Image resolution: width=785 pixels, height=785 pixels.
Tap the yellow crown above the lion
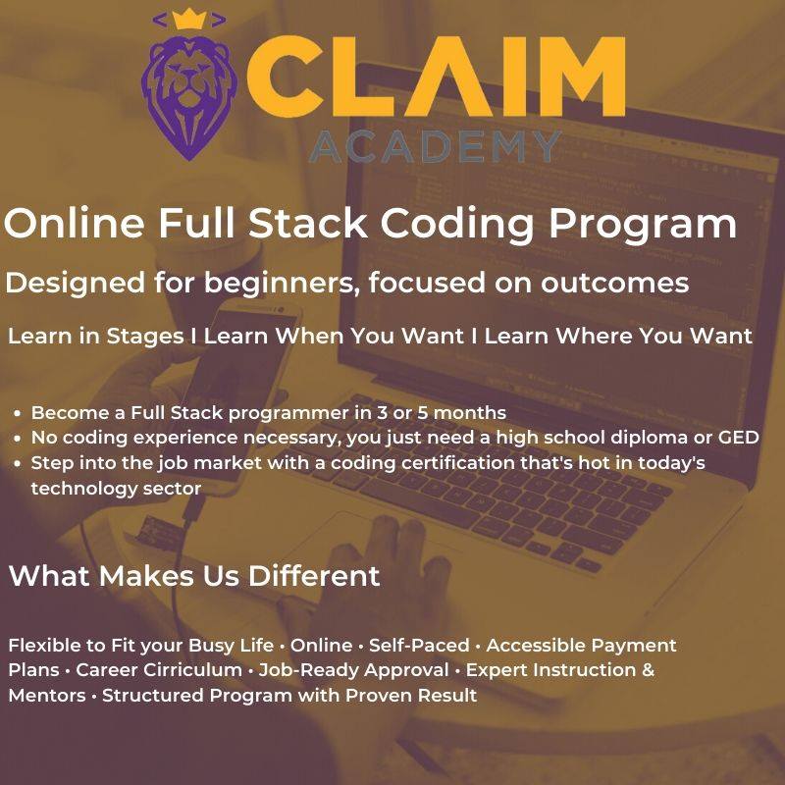point(189,19)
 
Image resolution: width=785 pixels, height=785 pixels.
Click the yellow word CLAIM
point(436,77)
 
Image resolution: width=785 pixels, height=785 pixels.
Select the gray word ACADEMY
point(435,146)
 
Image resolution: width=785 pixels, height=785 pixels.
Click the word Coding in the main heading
point(457,224)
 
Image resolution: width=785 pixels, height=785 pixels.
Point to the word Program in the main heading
point(643,224)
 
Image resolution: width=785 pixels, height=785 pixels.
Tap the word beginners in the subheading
point(280,283)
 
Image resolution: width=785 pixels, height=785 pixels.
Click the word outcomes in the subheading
point(615,283)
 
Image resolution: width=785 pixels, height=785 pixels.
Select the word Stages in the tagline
point(145,337)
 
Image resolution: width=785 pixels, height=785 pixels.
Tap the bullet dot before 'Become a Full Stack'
point(18,413)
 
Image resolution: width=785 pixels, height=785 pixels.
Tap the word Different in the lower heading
point(314,576)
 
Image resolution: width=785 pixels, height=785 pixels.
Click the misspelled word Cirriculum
point(159,670)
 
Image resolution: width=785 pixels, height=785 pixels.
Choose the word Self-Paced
point(419,645)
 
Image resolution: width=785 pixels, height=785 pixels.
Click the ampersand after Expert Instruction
point(648,670)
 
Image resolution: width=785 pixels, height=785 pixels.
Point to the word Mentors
point(47,696)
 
